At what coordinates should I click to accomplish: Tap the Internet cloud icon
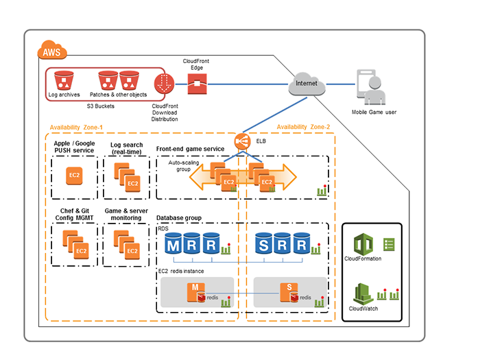pyautogui.click(x=307, y=83)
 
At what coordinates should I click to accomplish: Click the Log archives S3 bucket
pyautogui.click(x=63, y=81)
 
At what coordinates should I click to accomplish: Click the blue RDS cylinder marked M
pyautogui.click(x=174, y=245)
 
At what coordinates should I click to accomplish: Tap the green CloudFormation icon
pyautogui.click(x=363, y=244)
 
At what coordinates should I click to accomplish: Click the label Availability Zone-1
pyautogui.click(x=76, y=128)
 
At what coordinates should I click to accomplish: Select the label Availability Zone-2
pyautogui.click(x=303, y=128)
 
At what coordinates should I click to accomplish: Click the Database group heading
pyautogui.click(x=180, y=217)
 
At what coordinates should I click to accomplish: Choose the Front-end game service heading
pyautogui.click(x=189, y=149)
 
